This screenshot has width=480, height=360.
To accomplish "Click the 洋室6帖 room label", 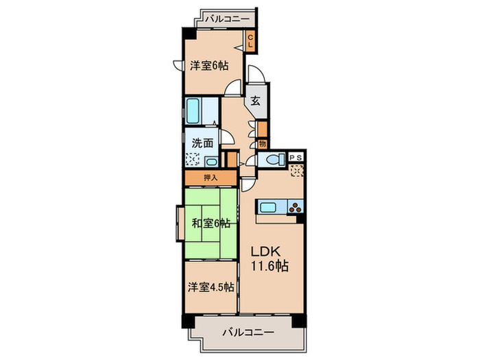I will (208, 66).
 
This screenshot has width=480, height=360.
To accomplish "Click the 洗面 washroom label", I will (202, 144).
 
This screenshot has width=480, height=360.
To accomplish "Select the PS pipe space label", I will (297, 157).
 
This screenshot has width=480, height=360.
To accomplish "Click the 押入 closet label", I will (209, 178).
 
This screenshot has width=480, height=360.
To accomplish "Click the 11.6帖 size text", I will (269, 265).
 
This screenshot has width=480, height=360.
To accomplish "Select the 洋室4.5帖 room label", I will (210, 287).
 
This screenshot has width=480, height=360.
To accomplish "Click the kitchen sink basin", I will (269, 207).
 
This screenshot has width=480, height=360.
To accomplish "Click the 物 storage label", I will (262, 144).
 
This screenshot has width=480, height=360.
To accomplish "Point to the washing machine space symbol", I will (193, 160).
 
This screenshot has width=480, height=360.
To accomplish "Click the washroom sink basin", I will (211, 162).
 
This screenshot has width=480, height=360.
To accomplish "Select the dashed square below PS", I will (297, 170).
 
